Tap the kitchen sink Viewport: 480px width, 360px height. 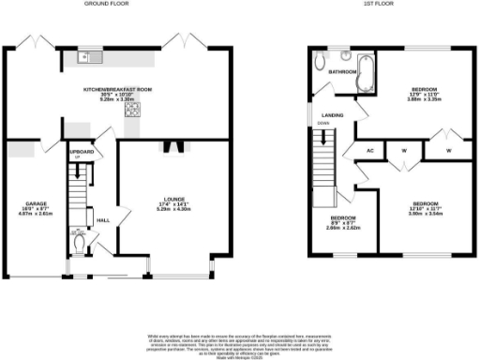point(85,58)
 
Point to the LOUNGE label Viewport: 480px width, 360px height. point(170,198)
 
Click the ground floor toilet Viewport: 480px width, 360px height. point(82,242)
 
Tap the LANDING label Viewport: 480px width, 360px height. point(332,115)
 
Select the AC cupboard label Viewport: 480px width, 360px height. point(370,149)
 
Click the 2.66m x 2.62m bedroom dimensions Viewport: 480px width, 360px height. point(337,228)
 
